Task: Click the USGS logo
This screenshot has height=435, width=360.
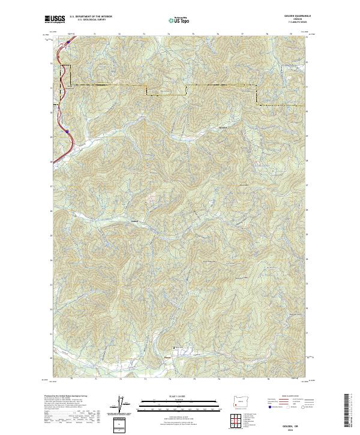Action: click(x=55, y=19)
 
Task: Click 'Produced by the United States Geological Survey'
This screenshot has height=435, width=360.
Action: click(x=67, y=397)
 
